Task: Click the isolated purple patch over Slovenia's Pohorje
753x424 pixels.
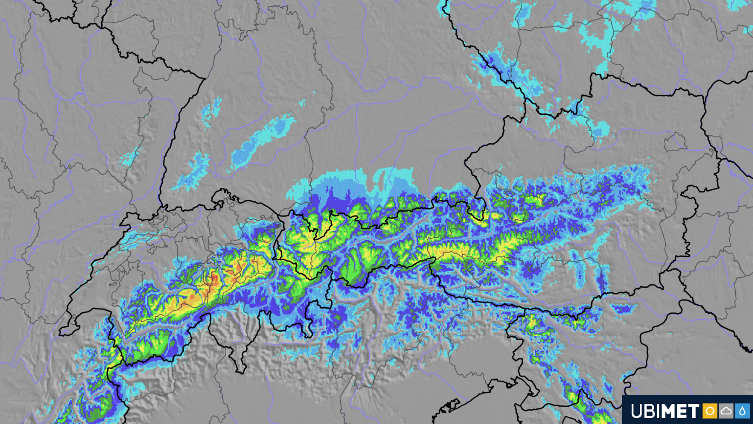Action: (625, 309)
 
